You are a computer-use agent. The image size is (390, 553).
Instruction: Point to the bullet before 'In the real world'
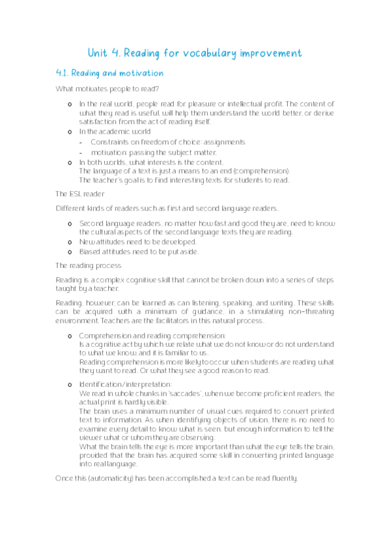[70, 104]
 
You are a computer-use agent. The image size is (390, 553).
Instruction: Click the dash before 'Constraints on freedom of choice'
[81, 142]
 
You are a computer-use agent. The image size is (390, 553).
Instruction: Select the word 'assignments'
[223, 142]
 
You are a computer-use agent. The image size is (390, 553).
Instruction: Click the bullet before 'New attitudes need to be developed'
[70, 242]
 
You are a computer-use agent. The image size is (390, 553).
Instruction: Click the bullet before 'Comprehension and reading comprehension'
[70, 336]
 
